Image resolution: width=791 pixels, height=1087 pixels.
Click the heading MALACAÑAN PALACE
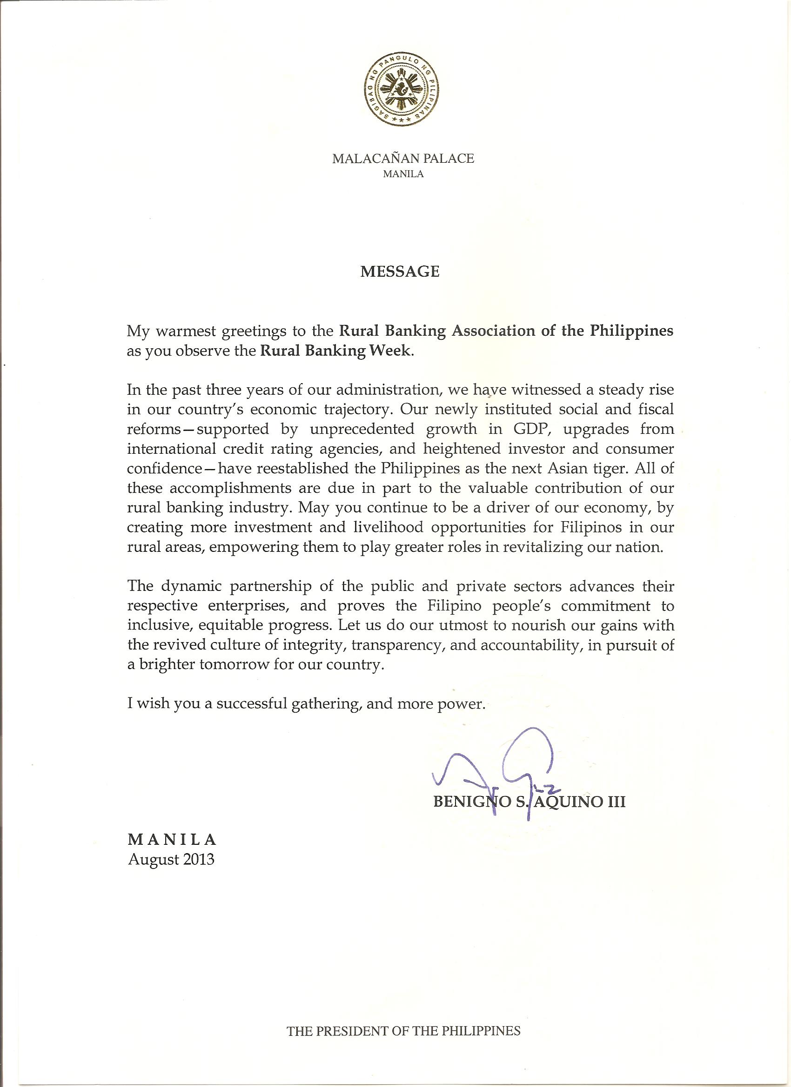tap(403, 159)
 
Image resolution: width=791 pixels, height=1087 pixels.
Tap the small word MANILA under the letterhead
tap(403, 174)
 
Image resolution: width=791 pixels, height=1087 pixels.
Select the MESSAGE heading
tap(400, 272)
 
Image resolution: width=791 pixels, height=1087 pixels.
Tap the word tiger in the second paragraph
tap(608, 468)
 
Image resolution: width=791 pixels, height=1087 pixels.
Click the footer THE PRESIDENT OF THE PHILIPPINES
tap(403, 1027)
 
